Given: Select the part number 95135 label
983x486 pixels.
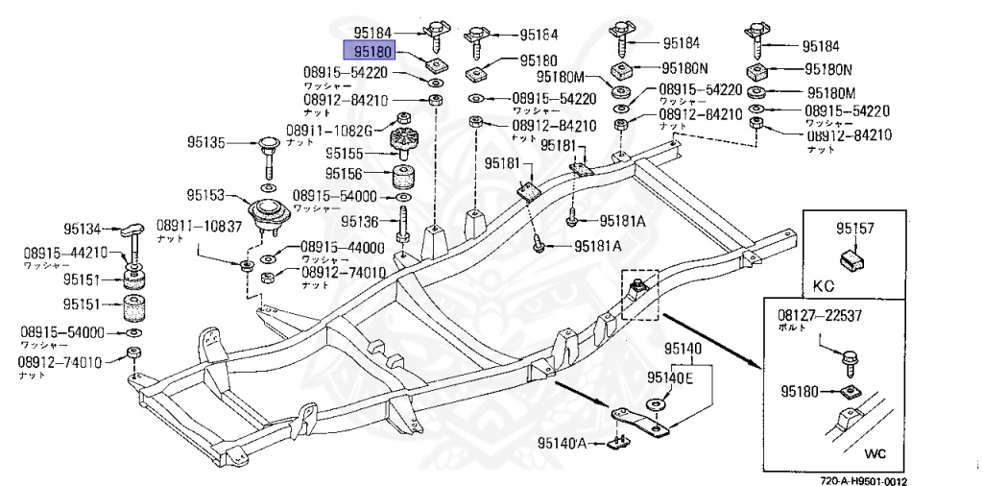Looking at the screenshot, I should coord(206,143).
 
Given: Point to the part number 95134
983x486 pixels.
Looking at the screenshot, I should coord(83,229).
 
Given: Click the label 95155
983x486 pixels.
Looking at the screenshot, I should coord(344,153).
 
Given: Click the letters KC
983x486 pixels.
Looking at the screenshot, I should coord(825,285).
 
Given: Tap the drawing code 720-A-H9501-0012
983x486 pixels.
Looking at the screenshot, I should coord(863,481).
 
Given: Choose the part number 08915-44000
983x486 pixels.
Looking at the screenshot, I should coord(342,247).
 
